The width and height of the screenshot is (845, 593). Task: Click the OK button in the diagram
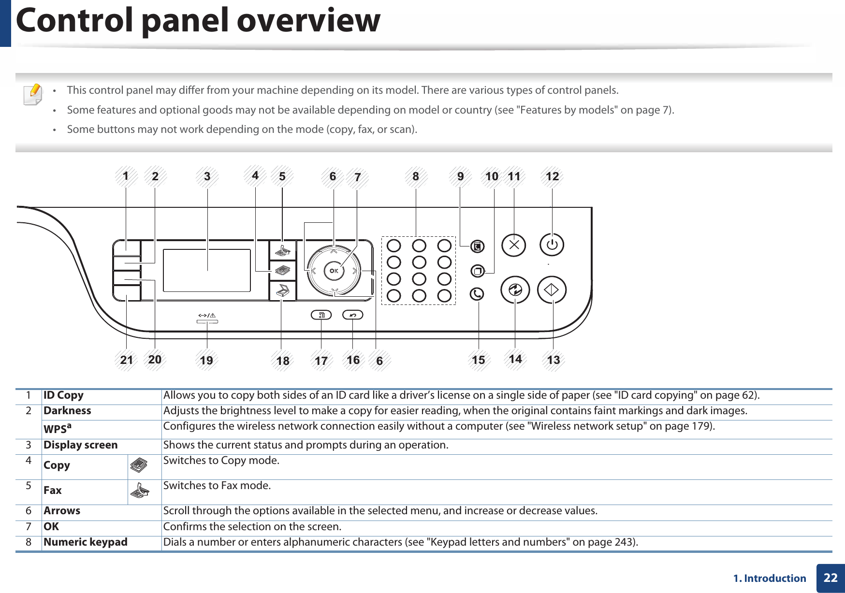pos(334,271)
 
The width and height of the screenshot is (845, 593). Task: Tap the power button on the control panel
pos(552,245)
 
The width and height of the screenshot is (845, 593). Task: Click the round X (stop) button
pos(514,245)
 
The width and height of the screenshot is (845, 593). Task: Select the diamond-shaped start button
pos(552,290)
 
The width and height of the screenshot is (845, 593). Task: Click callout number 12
pos(552,176)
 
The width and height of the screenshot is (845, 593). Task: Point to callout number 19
pos(206,360)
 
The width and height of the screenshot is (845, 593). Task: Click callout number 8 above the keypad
pos(416,176)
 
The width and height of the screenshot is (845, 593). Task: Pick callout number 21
pos(127,360)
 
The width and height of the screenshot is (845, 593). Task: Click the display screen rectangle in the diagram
pos(207,271)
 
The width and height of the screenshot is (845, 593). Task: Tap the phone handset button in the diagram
pos(477,294)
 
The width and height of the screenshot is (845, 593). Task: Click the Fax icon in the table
pos(139,492)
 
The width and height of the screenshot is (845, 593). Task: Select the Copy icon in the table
pos(139,466)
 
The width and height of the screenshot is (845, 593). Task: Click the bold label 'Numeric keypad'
pos(86,542)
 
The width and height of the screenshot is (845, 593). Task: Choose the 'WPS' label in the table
pos(57,429)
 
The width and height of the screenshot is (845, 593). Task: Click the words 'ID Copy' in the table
pos(63,395)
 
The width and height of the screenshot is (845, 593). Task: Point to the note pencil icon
pos(33,94)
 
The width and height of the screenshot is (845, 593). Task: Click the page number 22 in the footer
pos(830,578)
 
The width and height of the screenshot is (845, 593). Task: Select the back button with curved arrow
pos(352,315)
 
